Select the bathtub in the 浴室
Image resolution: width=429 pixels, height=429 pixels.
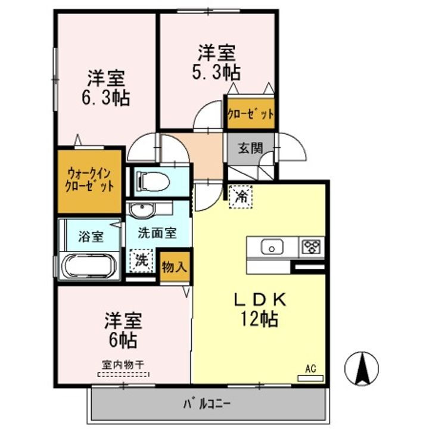pos(88,266)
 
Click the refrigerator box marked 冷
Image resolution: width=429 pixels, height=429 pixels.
pos(241,196)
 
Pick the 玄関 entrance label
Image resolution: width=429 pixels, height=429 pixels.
pos(251,148)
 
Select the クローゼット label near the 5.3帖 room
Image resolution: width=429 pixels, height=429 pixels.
pos(250,113)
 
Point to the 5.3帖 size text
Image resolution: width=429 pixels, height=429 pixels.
pos(217,73)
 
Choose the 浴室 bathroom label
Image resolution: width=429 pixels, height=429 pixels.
pos(91,235)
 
